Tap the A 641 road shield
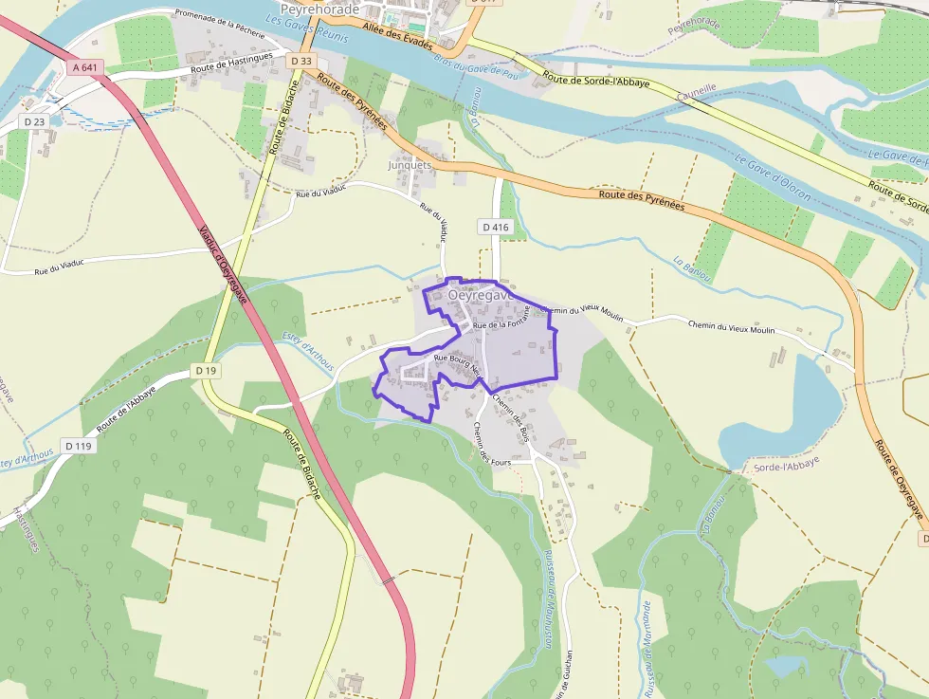click(x=85, y=67)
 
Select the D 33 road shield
click(x=301, y=61)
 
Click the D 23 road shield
click(x=34, y=121)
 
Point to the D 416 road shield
click(x=496, y=227)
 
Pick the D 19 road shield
click(x=204, y=370)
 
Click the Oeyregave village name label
click(x=480, y=295)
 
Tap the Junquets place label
click(x=410, y=164)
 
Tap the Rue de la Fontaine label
click(x=506, y=325)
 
